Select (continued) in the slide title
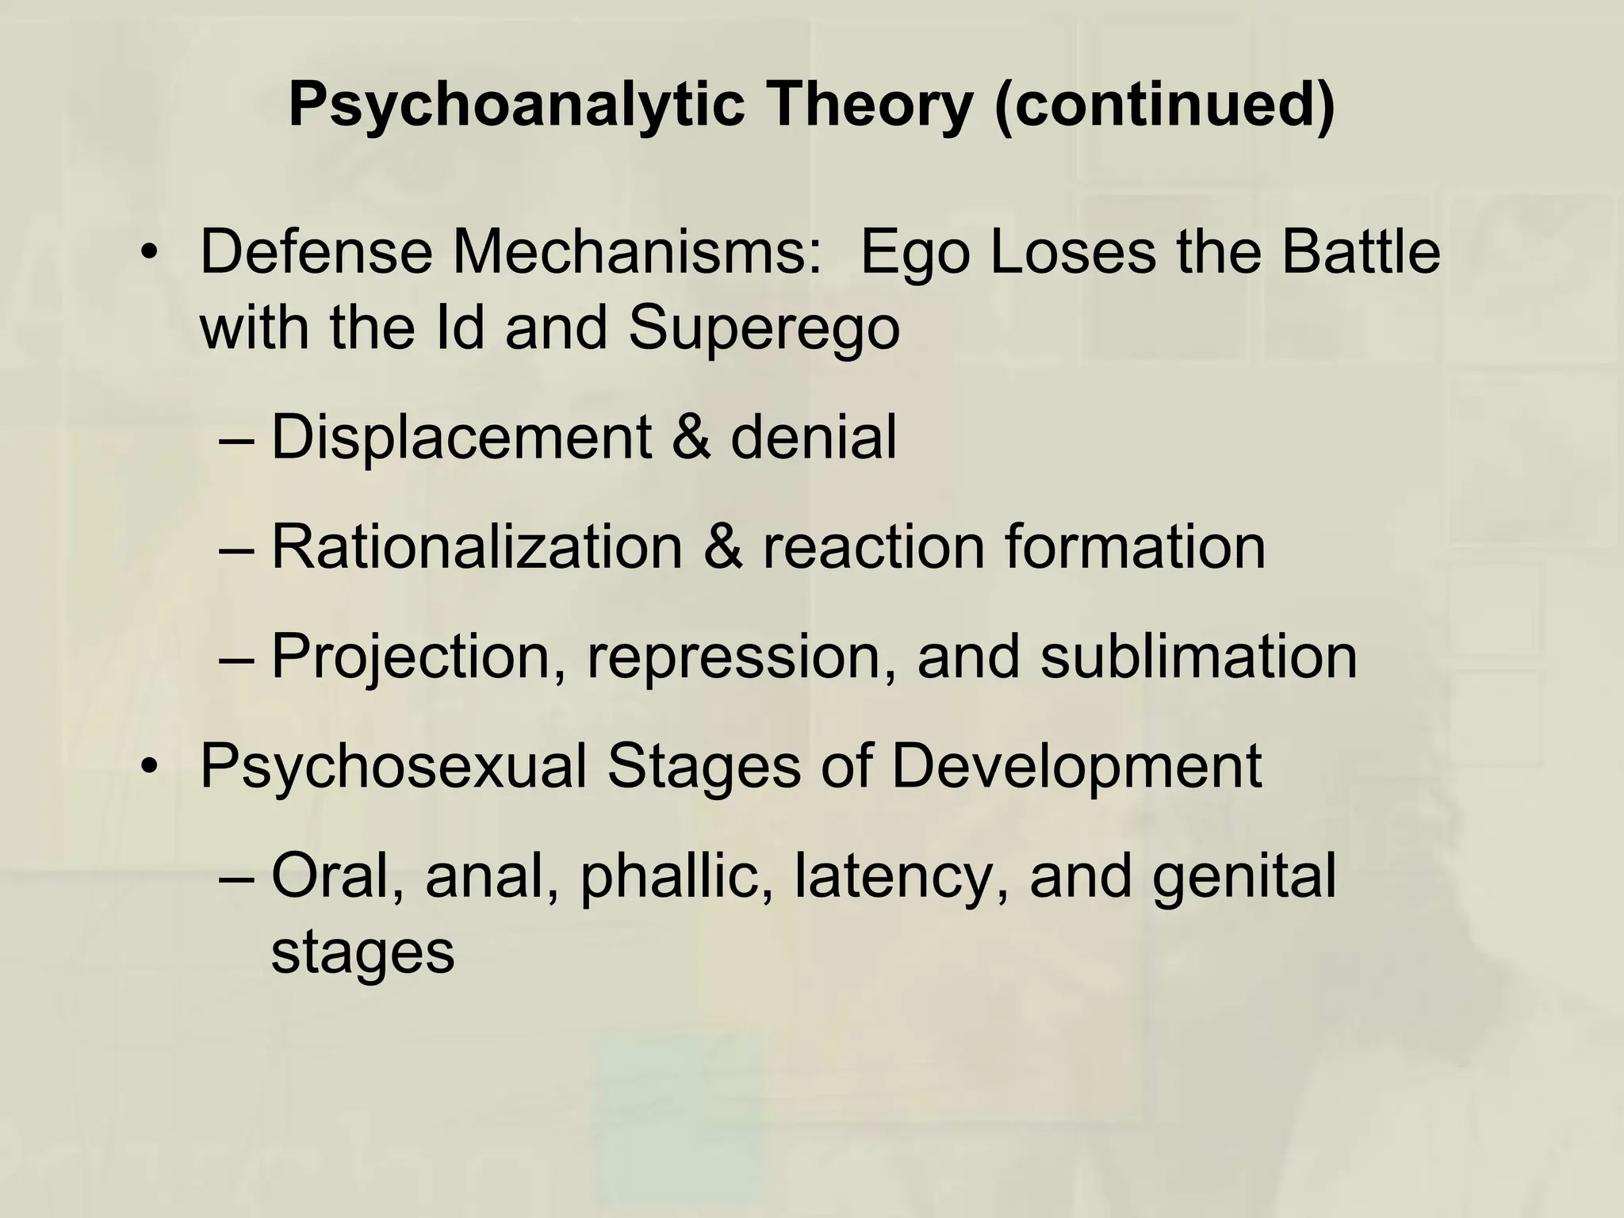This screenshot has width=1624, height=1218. tap(1164, 105)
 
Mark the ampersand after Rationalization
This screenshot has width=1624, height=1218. tap(723, 546)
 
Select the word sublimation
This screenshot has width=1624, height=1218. tap(1199, 657)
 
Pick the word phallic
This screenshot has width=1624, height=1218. tap(677, 878)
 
